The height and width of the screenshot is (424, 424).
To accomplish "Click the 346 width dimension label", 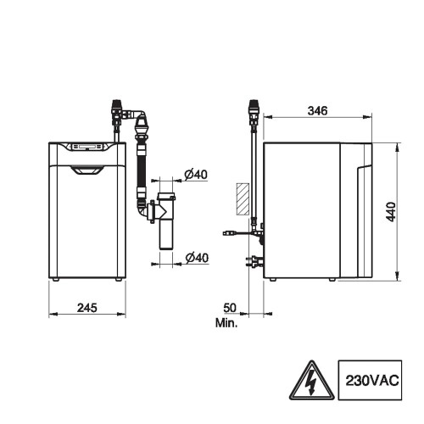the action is point(317,110).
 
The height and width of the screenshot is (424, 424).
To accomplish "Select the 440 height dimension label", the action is point(391,212).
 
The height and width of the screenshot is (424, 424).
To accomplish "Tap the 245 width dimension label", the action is point(87,308).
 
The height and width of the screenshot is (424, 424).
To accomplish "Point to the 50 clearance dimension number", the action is point(230,308).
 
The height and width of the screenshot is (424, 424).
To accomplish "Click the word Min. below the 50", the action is point(226,323).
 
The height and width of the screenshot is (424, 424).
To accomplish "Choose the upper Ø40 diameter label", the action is point(196,175).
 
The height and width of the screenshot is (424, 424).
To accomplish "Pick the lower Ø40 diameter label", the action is point(197,258).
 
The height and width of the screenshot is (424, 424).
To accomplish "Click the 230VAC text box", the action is point(370,380).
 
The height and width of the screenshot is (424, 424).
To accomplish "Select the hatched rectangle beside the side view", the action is point(243,198).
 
